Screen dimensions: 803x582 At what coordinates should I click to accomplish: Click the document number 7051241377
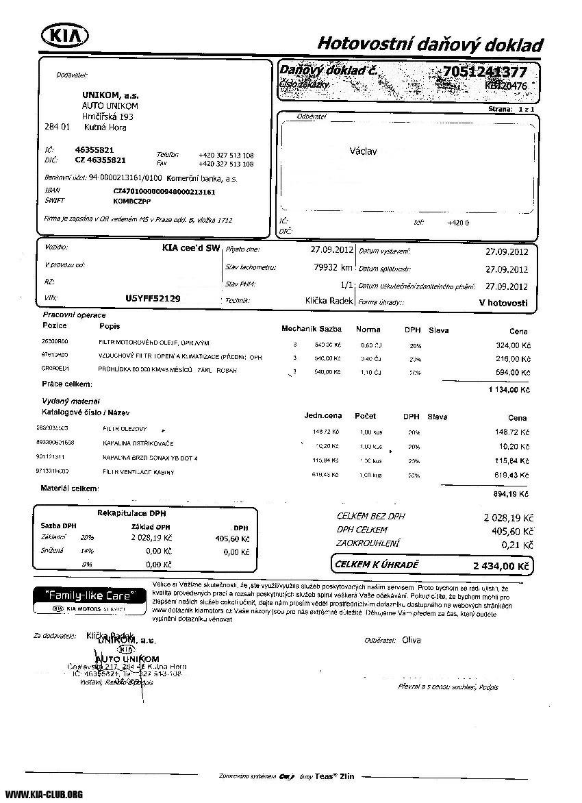pyautogui.click(x=484, y=72)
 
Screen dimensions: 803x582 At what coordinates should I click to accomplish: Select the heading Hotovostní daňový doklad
pyautogui.click(x=430, y=45)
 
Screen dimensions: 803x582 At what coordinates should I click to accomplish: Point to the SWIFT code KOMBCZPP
pyautogui.click(x=132, y=202)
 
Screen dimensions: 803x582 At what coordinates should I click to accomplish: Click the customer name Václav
pyautogui.click(x=363, y=151)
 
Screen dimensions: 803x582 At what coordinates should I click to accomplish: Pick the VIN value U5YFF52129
pyautogui.click(x=153, y=299)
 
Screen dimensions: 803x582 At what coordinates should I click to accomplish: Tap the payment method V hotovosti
pyautogui.click(x=503, y=302)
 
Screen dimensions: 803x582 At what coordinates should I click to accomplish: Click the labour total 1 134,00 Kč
pyautogui.click(x=509, y=390)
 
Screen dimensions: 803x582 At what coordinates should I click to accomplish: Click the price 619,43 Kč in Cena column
pyautogui.click(x=512, y=475)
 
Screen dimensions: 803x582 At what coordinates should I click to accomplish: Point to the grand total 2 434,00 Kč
pyautogui.click(x=501, y=567)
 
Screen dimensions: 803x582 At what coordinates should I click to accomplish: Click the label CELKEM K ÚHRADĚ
pyautogui.click(x=376, y=565)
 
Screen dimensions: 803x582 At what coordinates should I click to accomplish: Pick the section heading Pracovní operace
pyautogui.click(x=74, y=314)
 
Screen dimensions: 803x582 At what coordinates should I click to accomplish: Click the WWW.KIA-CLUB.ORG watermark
pyautogui.click(x=44, y=794)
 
